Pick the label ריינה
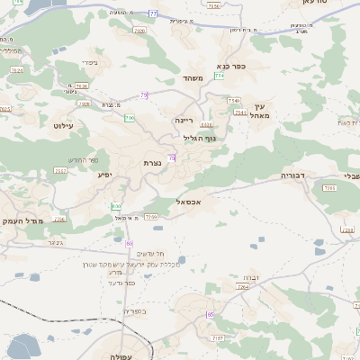point(184,118)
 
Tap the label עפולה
point(121,356)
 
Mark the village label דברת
point(252,279)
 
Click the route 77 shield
point(153,13)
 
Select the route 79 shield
point(144,94)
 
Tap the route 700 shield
point(130,118)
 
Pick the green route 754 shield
point(220,76)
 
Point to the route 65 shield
point(210,314)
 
